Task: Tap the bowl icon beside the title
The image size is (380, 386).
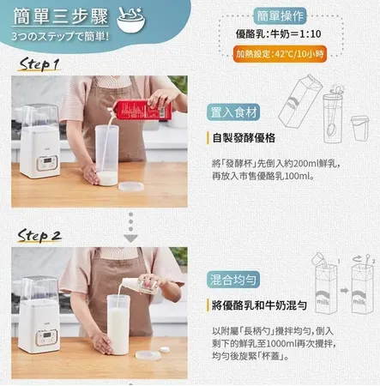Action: click(x=130, y=18)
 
